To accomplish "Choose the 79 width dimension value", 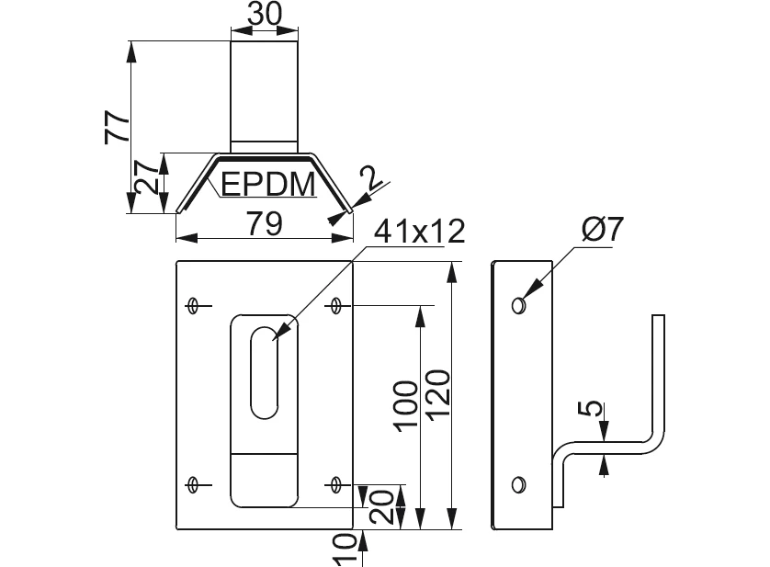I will [264, 223].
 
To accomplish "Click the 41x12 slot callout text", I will [418, 232].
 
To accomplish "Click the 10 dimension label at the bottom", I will [344, 550].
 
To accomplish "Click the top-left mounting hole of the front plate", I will [194, 305].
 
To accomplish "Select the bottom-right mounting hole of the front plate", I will [336, 483].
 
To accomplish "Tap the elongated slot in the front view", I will [263, 371].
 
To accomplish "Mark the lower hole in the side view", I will [520, 483].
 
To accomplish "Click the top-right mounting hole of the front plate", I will [336, 305].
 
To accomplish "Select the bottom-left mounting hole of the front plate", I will [194, 483].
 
